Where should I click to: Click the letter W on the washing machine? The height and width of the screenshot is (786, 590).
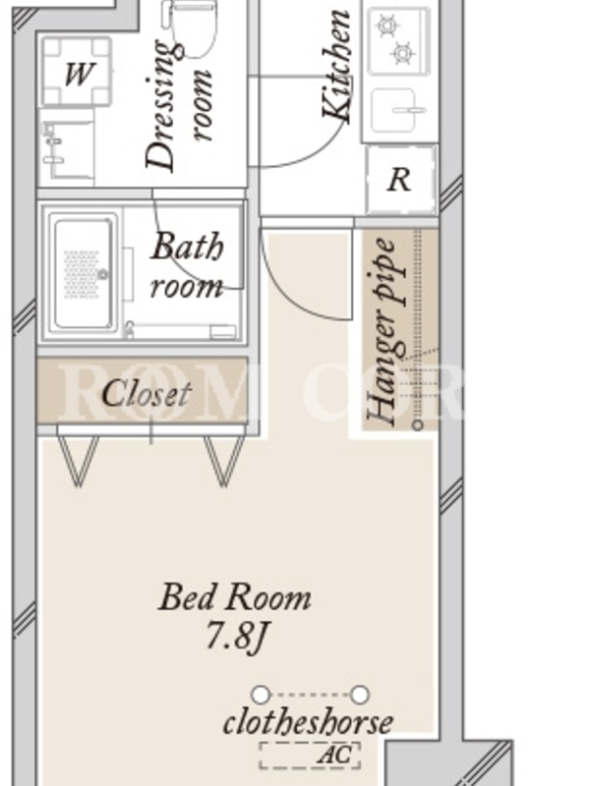click(x=79, y=75)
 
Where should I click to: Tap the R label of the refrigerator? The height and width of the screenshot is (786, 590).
click(x=399, y=180)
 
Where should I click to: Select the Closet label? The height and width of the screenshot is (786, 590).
click(x=147, y=394)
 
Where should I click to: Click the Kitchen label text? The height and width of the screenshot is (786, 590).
click(x=336, y=66)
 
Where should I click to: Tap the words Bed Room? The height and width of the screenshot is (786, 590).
click(x=235, y=597)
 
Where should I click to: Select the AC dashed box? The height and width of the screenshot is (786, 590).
click(x=310, y=756)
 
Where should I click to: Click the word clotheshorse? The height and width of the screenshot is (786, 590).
click(x=308, y=723)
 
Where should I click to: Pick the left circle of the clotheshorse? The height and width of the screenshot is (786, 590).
click(x=261, y=695)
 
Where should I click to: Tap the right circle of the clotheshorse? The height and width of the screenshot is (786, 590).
click(x=360, y=695)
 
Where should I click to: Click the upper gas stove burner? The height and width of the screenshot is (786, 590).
click(x=387, y=26)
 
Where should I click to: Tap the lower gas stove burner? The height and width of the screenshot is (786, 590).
click(x=403, y=53)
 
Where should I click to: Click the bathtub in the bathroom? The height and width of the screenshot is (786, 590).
click(x=84, y=272)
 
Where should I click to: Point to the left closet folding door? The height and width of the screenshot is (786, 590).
click(x=79, y=460)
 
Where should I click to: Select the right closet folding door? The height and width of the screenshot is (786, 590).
click(x=224, y=460)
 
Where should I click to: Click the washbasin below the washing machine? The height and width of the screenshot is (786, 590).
click(x=67, y=145)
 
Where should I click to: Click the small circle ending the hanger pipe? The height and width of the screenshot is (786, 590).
click(x=417, y=425)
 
